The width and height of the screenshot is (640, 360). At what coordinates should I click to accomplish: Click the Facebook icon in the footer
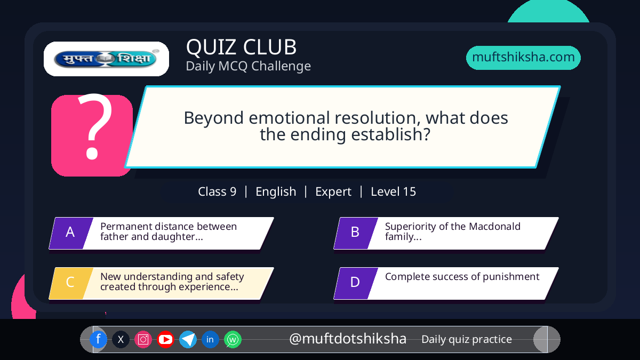pyautogui.click(x=98, y=339)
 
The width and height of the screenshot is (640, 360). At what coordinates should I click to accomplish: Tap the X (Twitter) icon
pyautogui.click(x=121, y=339)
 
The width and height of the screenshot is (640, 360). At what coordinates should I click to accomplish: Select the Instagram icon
pyautogui.click(x=143, y=339)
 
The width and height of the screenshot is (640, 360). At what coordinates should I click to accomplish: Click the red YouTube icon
pyautogui.click(x=165, y=339)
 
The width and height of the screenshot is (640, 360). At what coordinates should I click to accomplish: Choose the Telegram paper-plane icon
pyautogui.click(x=188, y=339)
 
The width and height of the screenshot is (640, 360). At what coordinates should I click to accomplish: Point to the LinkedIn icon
pyautogui.click(x=210, y=339)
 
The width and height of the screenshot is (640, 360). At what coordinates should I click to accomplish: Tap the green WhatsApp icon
pyautogui.click(x=233, y=339)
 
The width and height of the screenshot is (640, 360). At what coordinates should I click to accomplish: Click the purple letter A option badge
pyautogui.click(x=71, y=233)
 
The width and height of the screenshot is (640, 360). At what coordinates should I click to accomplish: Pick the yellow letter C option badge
pyautogui.click(x=71, y=283)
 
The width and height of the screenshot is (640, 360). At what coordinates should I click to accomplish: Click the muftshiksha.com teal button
pyautogui.click(x=523, y=58)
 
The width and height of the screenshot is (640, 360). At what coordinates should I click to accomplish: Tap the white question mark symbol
pyautogui.click(x=94, y=126)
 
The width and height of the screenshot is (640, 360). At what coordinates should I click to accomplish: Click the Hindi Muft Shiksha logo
pyautogui.click(x=106, y=59)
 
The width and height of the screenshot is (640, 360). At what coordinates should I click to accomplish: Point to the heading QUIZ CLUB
pyautogui.click(x=242, y=47)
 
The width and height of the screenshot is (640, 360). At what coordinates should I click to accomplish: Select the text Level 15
pyautogui.click(x=393, y=191)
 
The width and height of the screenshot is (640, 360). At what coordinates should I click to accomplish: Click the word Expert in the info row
pyautogui.click(x=333, y=192)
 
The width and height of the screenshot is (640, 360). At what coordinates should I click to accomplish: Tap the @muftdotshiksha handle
pyautogui.click(x=347, y=339)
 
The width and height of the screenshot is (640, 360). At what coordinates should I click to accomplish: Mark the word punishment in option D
pyautogui.click(x=511, y=277)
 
